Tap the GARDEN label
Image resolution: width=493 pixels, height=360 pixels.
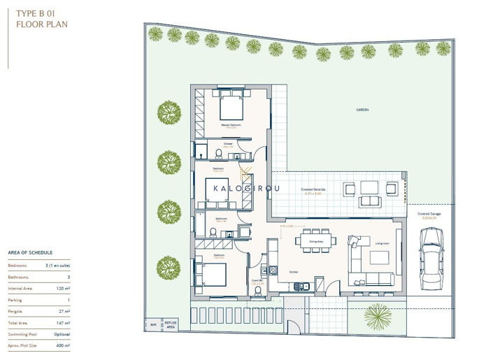(x=362, y=110)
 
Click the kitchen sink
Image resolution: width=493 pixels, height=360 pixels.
(x=301, y=285)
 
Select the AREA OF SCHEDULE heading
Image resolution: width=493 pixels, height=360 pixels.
(x=30, y=252)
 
